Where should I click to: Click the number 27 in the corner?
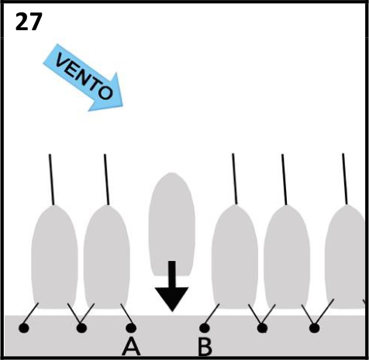pyautogui.click(x=29, y=22)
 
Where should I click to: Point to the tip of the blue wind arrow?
pyautogui.click(x=122, y=106)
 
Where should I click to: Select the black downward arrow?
pyautogui.click(x=171, y=286)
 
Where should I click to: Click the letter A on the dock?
pyautogui.click(x=131, y=346)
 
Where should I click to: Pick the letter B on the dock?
pyautogui.click(x=205, y=347)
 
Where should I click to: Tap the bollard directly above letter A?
pyautogui.click(x=131, y=328)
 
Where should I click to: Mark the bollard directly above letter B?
pyautogui.click(x=205, y=328)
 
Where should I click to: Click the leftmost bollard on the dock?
pyautogui.click(x=24, y=328)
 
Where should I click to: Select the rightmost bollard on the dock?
pyautogui.click(x=314, y=328)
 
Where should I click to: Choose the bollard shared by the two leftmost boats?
pyautogui.click(x=81, y=328)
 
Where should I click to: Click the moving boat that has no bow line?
pyautogui.click(x=172, y=224)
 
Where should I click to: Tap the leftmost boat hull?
pyautogui.click(x=54, y=257)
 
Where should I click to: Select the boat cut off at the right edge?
pyautogui.click(x=347, y=257)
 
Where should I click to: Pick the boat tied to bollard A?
pyautogui.click(x=107, y=257)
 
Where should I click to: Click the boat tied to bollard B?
pyautogui.click(x=235, y=257)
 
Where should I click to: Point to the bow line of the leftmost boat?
pyautogui.click(x=52, y=180)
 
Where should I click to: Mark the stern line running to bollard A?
pyautogui.click(x=126, y=315)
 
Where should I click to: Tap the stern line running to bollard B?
pyautogui.click(x=212, y=315)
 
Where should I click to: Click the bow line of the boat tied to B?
pyautogui.click(x=235, y=179)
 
